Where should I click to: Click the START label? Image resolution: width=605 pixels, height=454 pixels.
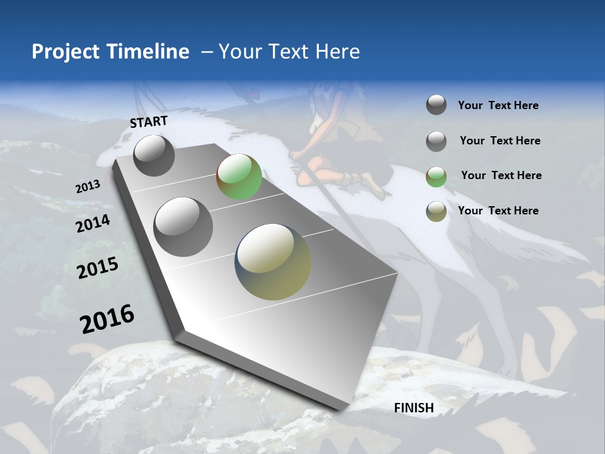click(x=149, y=122)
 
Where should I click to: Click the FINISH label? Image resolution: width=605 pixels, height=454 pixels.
click(x=414, y=408)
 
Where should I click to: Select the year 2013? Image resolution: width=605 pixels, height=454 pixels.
click(x=88, y=187)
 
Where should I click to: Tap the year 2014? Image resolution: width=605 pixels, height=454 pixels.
click(x=93, y=223)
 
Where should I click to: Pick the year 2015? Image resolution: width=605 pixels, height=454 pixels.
click(x=98, y=268)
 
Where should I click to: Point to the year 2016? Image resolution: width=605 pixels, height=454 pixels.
click(x=107, y=318)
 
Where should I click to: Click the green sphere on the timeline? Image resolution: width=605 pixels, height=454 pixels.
click(x=239, y=177)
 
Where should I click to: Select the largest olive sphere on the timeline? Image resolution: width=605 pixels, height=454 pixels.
click(x=273, y=262)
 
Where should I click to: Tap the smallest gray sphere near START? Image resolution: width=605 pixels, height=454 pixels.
click(x=154, y=155)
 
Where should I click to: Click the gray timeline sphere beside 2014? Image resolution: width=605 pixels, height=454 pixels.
click(x=183, y=226)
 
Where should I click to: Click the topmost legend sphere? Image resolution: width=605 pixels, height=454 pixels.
click(x=436, y=105)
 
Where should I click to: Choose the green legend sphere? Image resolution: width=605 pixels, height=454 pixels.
click(x=436, y=177)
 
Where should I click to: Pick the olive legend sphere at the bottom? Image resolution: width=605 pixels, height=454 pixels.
click(x=436, y=211)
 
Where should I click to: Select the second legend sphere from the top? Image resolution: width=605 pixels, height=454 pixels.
click(x=436, y=141)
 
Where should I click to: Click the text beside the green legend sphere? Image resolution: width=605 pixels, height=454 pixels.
click(x=501, y=175)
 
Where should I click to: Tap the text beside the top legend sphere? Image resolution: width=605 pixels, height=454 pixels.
click(x=498, y=105)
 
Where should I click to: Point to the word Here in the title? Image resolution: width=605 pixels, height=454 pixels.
click(x=337, y=52)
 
